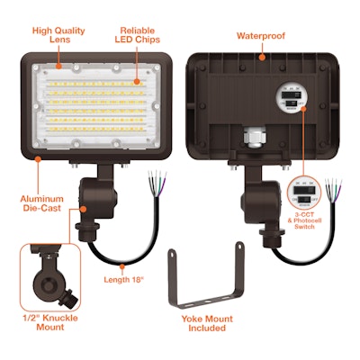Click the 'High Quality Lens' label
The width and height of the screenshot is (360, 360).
click(x=58, y=35)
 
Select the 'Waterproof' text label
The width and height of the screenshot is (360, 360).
click(x=261, y=37)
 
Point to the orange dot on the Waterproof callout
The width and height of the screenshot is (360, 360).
click(x=261, y=58)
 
